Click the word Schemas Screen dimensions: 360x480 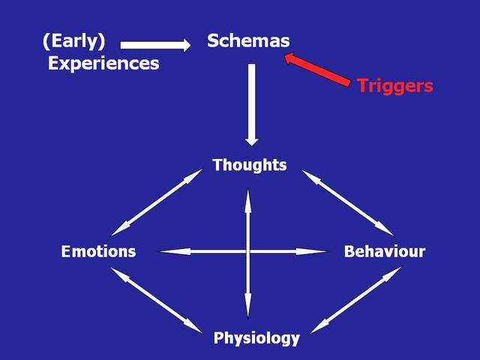248,41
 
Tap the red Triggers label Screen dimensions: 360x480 394,85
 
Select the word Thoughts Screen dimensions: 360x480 249,165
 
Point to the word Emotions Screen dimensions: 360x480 98,251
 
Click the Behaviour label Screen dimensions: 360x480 384,251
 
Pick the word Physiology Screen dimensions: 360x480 256,338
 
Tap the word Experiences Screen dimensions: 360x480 103,63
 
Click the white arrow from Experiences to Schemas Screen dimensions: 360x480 155,44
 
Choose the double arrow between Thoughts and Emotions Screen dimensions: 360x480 157,202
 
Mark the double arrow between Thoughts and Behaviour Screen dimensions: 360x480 348,201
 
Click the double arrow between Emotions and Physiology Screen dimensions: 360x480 157,299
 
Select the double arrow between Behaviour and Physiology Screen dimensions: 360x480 356,299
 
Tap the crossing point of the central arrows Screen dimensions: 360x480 247,251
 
